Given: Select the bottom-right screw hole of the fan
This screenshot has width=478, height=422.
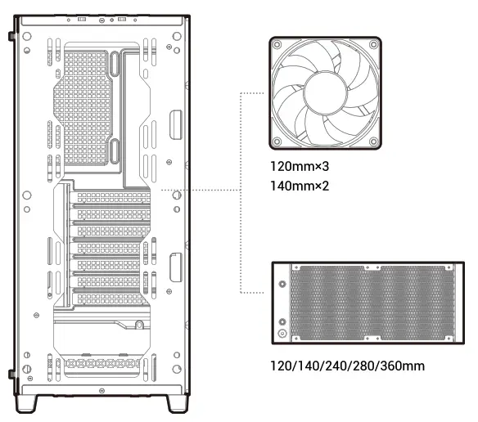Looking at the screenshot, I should tap(372, 141).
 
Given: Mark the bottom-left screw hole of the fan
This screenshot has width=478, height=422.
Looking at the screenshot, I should tap(279, 141).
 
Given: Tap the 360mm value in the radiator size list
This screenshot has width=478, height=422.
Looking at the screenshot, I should tap(406, 365).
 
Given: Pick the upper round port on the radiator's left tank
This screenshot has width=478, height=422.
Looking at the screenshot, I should tap(283, 285).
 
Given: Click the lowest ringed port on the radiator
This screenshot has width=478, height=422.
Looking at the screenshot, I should tap(283, 334).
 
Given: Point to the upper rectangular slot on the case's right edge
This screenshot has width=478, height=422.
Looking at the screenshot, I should tap(175, 123).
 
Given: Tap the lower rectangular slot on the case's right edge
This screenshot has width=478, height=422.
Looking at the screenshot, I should tap(175, 269).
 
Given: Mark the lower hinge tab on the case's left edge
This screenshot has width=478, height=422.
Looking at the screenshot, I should tap(11, 375).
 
